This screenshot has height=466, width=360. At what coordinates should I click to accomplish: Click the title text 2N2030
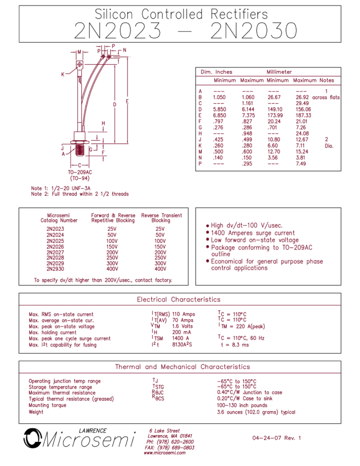click(254, 30)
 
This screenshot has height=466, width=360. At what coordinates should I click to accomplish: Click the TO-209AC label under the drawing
click(80, 172)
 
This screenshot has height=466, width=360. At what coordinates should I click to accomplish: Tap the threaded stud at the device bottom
click(79, 150)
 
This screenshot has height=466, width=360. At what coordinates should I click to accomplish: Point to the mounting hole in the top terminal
click(79, 64)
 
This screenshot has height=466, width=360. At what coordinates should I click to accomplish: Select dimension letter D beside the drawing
click(115, 105)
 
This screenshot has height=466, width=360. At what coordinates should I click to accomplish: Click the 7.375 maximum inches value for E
click(248, 115)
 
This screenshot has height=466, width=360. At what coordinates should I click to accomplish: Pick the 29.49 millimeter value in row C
click(302, 103)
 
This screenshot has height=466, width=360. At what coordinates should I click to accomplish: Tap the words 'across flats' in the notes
click(326, 97)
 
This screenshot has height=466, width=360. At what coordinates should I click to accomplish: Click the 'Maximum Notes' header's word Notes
click(327, 80)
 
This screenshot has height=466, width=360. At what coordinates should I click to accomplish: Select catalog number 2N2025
click(55, 241)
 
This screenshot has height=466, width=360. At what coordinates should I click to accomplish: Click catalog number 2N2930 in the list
click(55, 269)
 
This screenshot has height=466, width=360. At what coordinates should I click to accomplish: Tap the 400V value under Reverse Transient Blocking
click(161, 269)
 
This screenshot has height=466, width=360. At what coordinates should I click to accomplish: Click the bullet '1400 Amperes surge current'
click(253, 232)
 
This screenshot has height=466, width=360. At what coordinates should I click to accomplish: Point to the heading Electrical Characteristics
click(179, 299)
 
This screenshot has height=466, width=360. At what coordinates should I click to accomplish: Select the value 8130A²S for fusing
click(182, 344)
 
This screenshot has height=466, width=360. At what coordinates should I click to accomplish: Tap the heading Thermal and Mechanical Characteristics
click(182, 367)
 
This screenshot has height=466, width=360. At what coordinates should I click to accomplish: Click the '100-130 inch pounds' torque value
click(242, 405)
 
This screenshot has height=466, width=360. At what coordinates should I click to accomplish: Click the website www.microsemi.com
click(164, 453)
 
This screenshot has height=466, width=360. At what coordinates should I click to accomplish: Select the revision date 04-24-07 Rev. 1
click(277, 438)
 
